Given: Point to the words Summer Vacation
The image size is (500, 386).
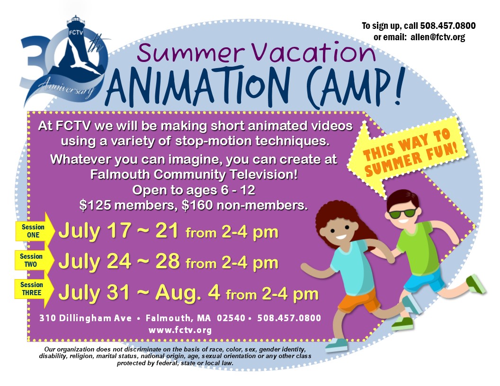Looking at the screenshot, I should [x=256, y=53].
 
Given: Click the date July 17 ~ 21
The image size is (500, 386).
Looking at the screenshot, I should [x=118, y=231].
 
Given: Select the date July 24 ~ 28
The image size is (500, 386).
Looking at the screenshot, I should [x=118, y=261].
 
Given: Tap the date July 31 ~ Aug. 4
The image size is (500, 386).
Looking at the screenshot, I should [x=139, y=292].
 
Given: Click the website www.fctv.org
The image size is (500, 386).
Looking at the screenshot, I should [x=180, y=330].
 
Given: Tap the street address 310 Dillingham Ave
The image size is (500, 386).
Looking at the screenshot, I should [x=85, y=318].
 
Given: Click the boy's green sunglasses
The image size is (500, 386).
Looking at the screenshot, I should [x=402, y=213].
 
